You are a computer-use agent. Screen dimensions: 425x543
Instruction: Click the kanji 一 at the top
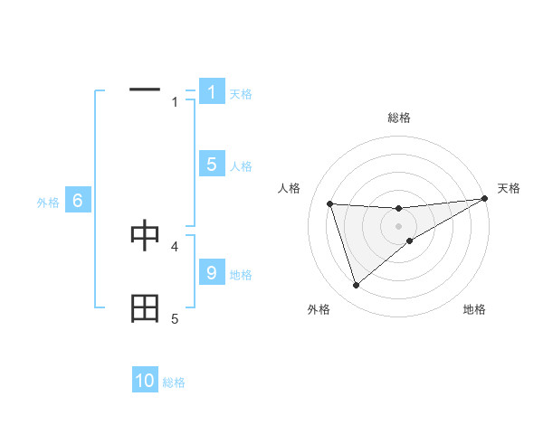tap(145, 90)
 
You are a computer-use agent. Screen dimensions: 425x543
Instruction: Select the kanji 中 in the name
tap(145, 235)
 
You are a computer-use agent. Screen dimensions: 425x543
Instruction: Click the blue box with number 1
tap(212, 92)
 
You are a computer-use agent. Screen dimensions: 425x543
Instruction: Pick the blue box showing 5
tap(212, 165)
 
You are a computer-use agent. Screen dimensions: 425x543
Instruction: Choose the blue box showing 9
tap(212, 273)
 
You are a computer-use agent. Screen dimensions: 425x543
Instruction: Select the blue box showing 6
tap(78, 201)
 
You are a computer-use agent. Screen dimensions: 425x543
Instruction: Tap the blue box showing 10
tap(145, 381)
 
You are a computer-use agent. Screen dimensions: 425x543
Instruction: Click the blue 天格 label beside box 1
tap(241, 93)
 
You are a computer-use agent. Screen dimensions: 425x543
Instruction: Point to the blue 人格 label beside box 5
tap(241, 165)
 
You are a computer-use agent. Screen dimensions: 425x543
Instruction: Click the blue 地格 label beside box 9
tap(241, 274)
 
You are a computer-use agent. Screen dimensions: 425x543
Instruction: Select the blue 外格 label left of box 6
tap(48, 203)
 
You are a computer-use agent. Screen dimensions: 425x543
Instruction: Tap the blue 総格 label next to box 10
tap(174, 382)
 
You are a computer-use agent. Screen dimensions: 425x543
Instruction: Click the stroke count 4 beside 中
tap(175, 245)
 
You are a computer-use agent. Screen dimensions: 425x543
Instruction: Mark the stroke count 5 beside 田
tap(175, 318)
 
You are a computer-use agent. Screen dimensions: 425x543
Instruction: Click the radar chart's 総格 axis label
tap(398, 118)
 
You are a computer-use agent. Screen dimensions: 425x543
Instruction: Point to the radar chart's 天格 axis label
tap(510, 188)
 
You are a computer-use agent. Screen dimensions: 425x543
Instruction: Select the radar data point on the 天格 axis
tap(485, 199)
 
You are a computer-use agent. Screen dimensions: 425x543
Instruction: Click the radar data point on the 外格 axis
tap(356, 286)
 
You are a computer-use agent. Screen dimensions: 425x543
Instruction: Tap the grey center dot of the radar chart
tap(398, 226)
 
